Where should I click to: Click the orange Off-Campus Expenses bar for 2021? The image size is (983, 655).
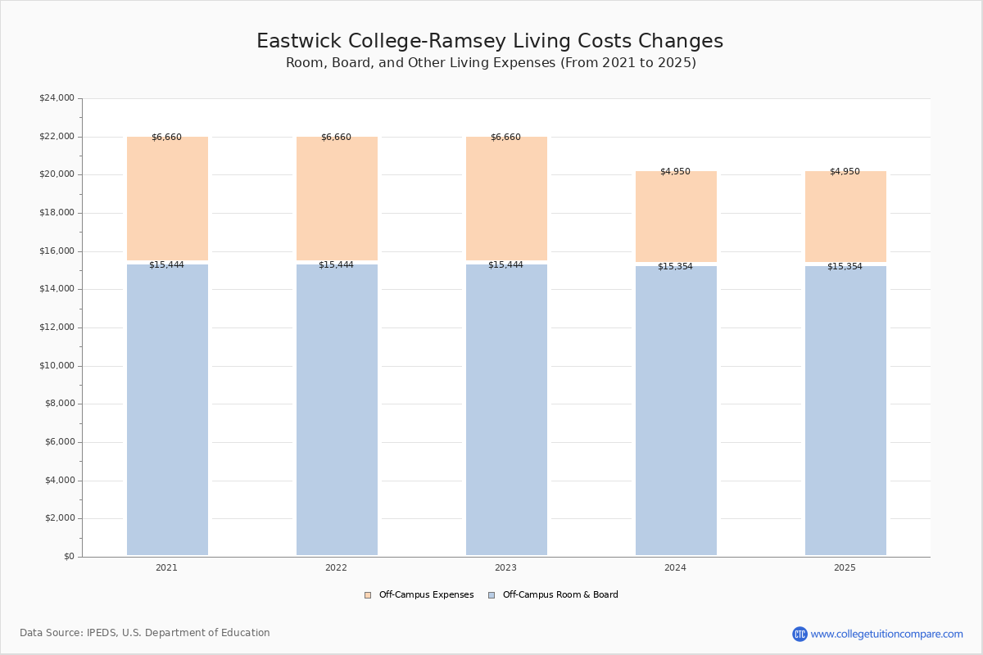point(167,198)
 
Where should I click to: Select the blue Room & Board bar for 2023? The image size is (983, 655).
point(506,409)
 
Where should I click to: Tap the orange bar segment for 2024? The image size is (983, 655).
point(676,216)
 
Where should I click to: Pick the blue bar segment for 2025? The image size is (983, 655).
point(845,411)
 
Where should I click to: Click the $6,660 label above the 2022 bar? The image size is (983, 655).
point(336,138)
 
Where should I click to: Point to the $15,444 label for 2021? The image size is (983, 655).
point(166,265)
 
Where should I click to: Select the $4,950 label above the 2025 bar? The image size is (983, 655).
point(845,172)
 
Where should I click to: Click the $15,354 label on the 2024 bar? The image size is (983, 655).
point(675,267)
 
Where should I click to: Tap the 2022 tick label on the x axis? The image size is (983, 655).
point(336,567)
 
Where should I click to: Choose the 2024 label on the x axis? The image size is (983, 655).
point(675,567)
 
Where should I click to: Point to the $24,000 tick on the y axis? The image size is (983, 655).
point(57,97)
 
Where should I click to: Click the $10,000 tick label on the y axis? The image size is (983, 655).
point(57,366)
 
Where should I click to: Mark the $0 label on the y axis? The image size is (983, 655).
point(70,557)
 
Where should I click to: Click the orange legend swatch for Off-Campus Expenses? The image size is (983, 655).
point(368,595)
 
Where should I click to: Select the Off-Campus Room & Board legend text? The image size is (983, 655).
point(560,595)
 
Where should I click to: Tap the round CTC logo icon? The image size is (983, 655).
point(800,634)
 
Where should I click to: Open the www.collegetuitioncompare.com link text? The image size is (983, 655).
point(887,635)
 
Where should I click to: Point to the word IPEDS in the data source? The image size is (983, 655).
point(102,633)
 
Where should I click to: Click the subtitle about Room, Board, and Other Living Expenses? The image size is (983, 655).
point(491,63)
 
